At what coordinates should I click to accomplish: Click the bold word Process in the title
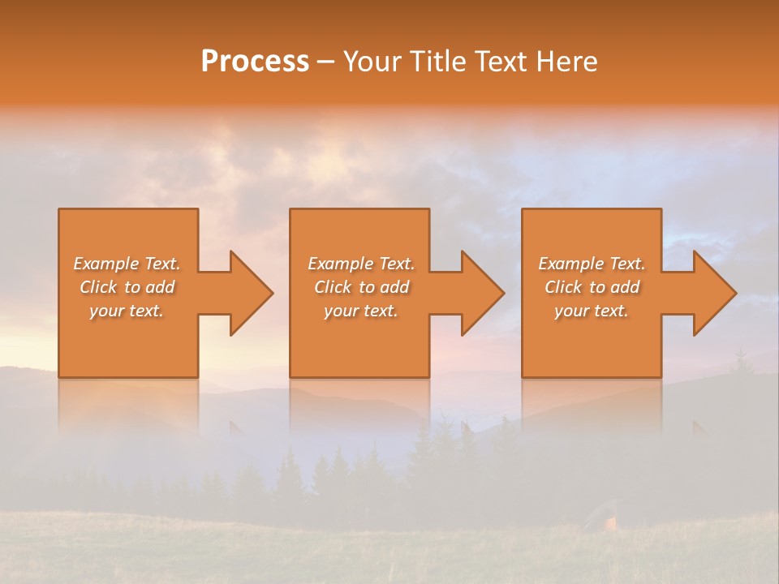(x=255, y=61)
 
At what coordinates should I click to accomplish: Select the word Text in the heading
(x=501, y=61)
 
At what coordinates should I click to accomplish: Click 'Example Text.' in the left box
(x=127, y=264)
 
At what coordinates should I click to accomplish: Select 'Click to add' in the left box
(x=127, y=287)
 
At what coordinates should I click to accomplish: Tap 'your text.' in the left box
(x=127, y=311)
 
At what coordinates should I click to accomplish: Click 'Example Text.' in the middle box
(x=360, y=264)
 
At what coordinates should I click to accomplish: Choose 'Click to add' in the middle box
(x=360, y=287)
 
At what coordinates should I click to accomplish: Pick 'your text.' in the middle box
(x=360, y=311)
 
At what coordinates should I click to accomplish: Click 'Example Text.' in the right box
(x=592, y=264)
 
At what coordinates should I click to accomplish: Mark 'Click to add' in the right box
(x=592, y=287)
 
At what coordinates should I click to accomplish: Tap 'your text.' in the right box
(x=592, y=311)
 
